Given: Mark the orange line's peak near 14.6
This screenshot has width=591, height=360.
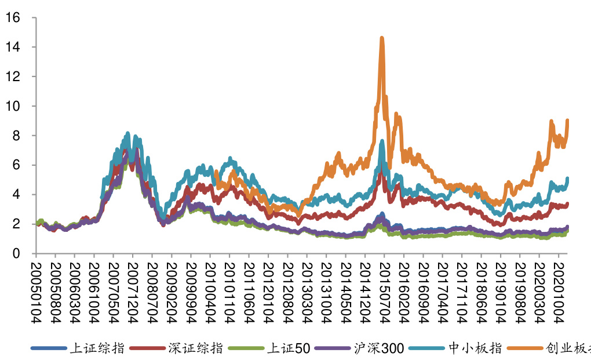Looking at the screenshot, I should click(x=382, y=38).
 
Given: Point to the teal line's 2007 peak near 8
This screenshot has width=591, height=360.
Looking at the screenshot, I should click(x=127, y=133).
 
